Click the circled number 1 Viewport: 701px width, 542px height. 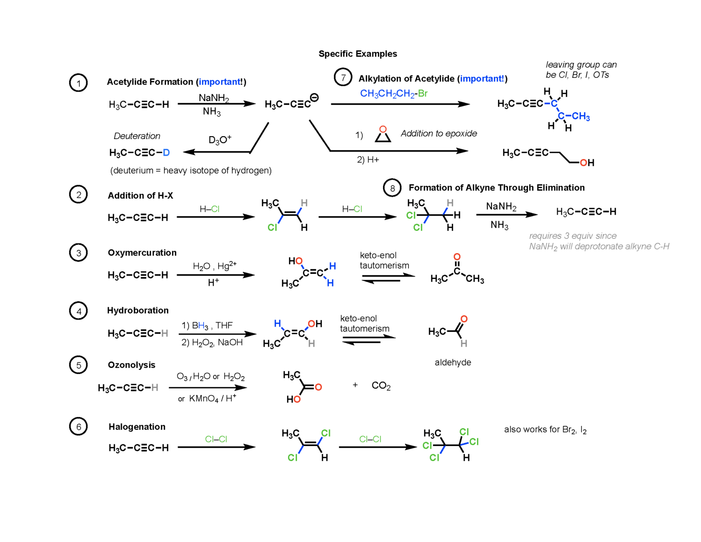click(x=78, y=83)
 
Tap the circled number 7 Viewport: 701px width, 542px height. click(x=343, y=77)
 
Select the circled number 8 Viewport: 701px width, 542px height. click(x=392, y=188)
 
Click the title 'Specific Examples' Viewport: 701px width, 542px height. click(x=357, y=54)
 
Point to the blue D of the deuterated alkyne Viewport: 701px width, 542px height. click(x=166, y=153)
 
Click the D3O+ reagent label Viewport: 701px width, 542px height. click(x=220, y=139)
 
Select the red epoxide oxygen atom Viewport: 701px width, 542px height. click(x=383, y=129)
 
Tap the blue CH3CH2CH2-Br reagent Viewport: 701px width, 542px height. click(x=393, y=94)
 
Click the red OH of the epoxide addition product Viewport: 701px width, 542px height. click(x=587, y=163)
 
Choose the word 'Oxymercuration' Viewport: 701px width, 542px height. click(x=142, y=253)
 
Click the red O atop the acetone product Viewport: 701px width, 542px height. click(x=457, y=257)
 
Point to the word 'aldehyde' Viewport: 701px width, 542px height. click(x=453, y=363)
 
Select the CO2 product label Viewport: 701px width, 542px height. click(x=381, y=386)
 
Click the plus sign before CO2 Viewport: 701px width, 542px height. click(x=355, y=385)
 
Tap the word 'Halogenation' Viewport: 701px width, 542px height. click(x=137, y=427)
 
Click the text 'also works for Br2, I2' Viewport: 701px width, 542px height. click(x=545, y=430)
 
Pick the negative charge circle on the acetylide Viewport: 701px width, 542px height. click(x=314, y=97)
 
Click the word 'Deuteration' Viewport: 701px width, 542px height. click(x=137, y=136)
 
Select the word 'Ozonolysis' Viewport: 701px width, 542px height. click(x=131, y=365)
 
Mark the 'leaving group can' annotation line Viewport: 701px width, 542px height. click(x=581, y=65)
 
